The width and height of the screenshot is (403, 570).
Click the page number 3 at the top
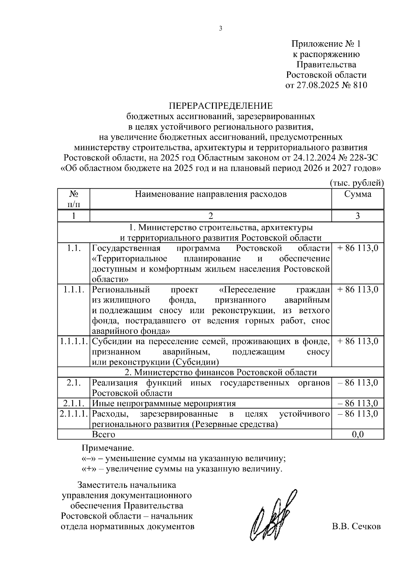(221, 29)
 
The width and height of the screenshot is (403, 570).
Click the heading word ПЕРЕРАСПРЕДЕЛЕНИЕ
(221, 106)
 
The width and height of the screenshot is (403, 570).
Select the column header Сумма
(358, 194)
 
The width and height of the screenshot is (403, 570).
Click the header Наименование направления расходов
(211, 194)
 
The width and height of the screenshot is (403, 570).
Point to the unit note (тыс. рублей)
(356, 183)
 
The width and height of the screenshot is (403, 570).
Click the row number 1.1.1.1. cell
(74, 341)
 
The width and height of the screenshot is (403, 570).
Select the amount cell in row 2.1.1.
(358, 403)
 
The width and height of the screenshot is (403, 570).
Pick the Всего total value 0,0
(358, 434)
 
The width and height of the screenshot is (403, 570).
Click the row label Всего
(103, 434)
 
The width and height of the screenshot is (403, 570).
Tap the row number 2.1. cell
(74, 383)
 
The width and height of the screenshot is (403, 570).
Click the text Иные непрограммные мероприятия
(164, 403)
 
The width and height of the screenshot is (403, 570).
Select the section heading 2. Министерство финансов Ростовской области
(221, 372)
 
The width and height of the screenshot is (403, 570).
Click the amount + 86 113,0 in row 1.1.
(358, 248)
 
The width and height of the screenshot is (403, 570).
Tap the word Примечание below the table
(108, 448)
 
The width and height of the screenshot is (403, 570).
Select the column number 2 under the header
(211, 216)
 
